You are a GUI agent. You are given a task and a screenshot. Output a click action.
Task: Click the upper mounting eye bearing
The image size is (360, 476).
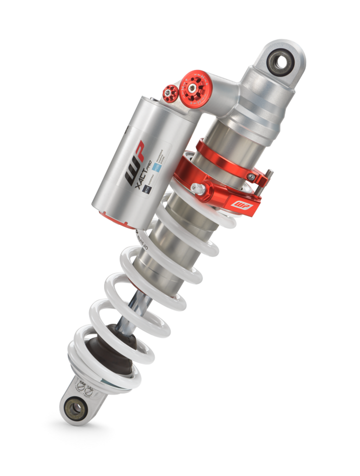(x=282, y=62)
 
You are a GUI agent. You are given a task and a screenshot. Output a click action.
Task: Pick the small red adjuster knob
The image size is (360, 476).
(x=169, y=92)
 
